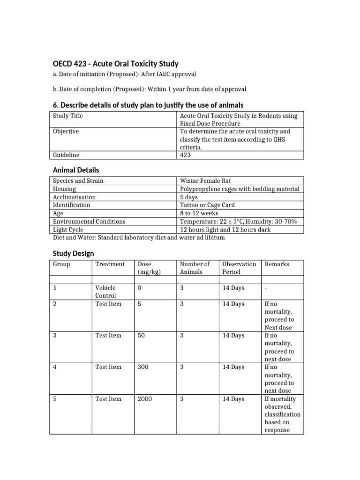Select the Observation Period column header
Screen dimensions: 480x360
239,268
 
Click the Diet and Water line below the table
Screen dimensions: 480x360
139,238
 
